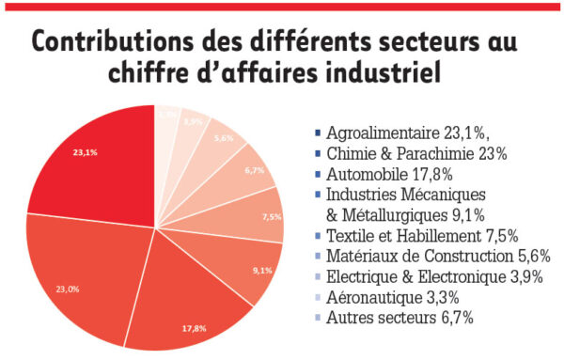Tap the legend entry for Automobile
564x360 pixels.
tap(385, 173)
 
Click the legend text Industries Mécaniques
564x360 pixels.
tap(404, 194)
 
